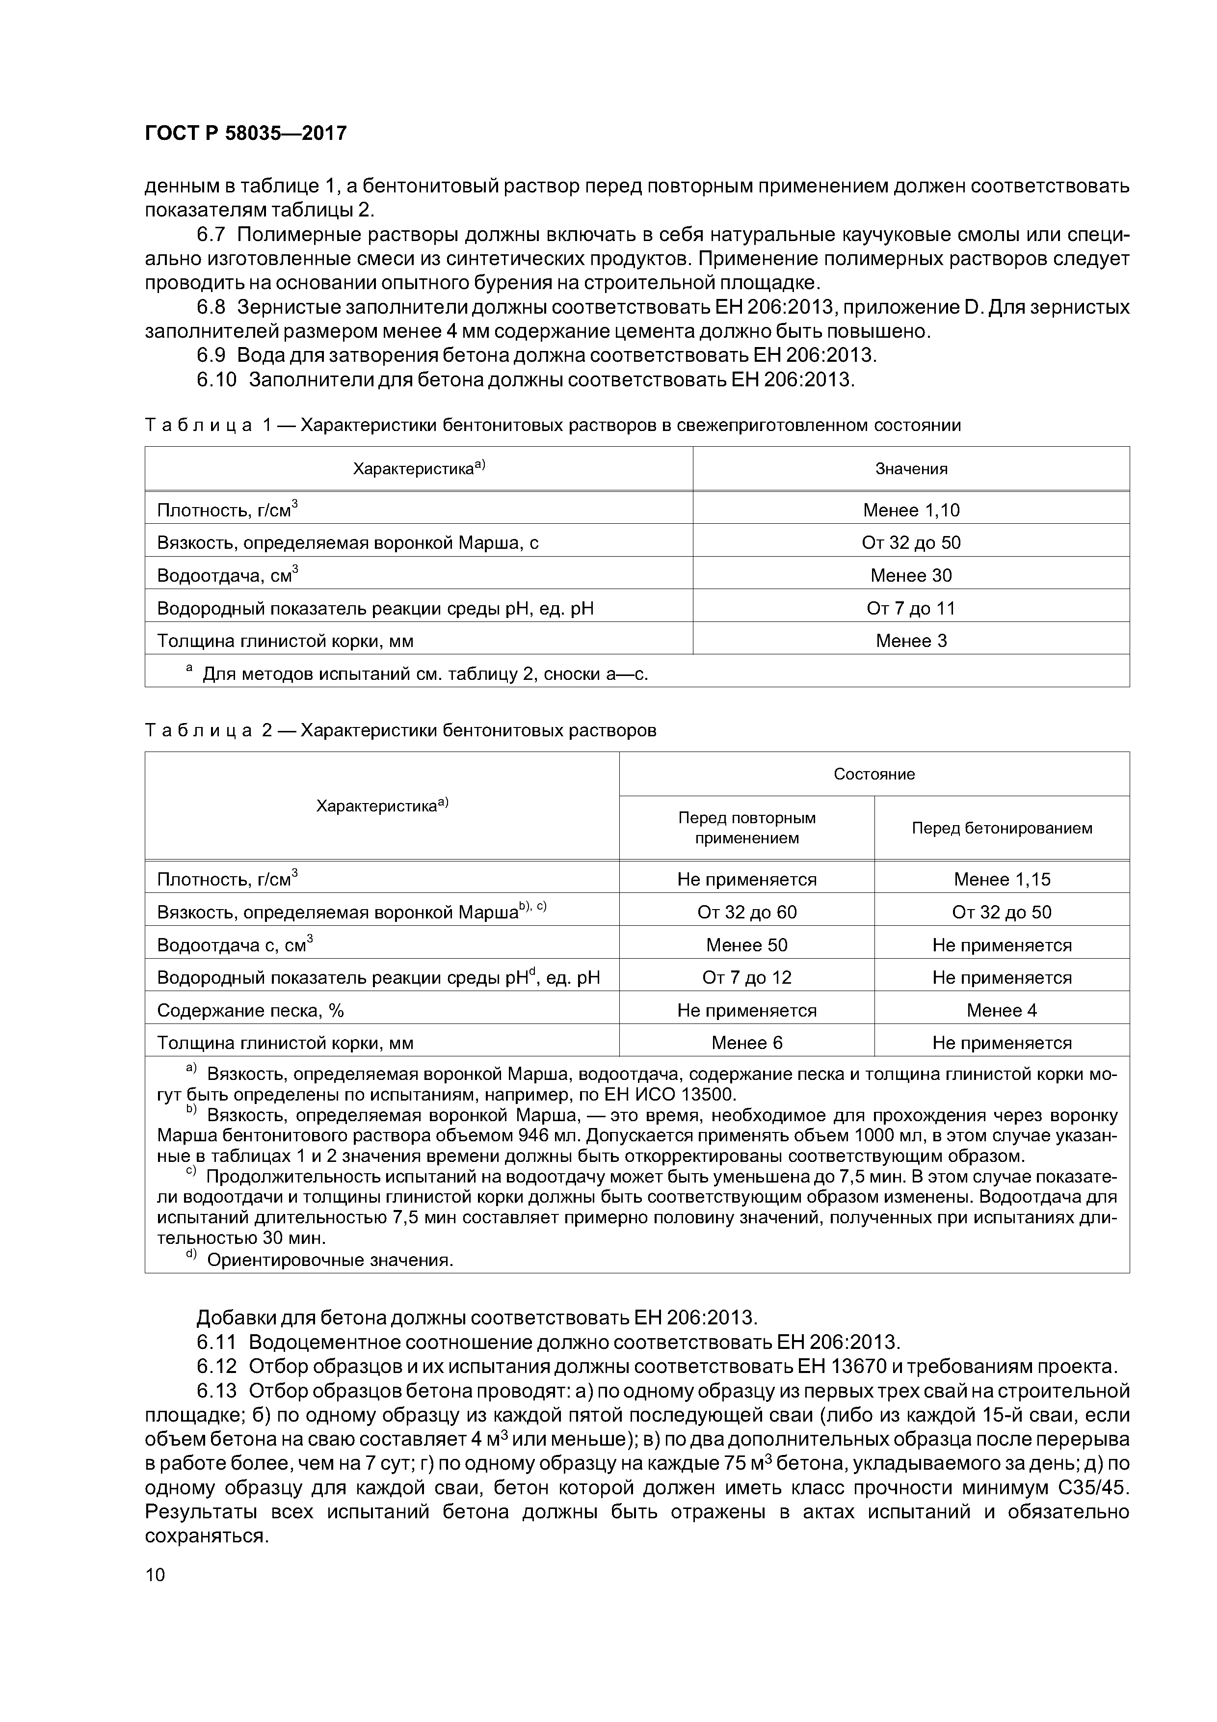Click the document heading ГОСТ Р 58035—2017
[245, 134]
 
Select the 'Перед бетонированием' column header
[1001, 828]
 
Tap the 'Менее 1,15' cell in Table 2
[1001, 879]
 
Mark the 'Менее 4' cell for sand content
[1001, 1010]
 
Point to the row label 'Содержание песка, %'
[250, 1010]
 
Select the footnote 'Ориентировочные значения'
[330, 1260]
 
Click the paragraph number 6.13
[217, 1391]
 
